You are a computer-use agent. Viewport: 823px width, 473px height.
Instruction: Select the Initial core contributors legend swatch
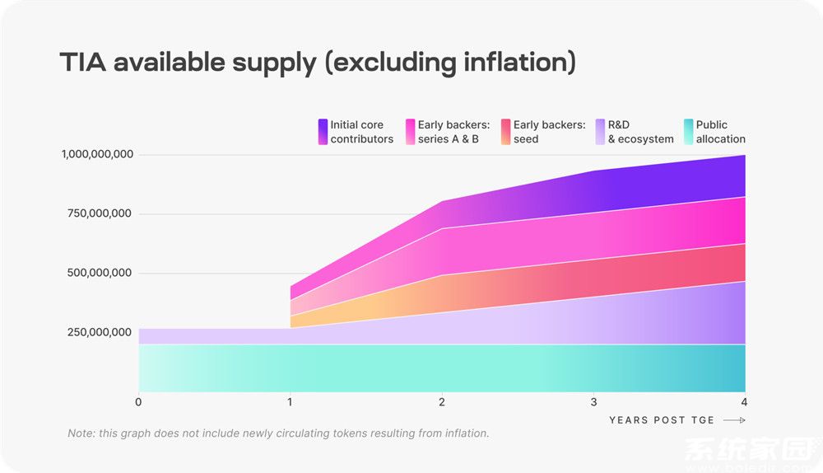point(323,132)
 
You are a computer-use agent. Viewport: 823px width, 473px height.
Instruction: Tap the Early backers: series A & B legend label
point(453,132)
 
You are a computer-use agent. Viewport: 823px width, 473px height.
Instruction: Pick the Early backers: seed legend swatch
point(504,132)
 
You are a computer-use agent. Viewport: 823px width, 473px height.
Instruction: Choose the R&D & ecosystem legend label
point(640,132)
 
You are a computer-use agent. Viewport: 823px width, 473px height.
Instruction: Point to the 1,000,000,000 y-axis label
point(96,155)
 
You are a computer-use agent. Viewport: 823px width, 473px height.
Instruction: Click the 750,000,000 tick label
point(100,214)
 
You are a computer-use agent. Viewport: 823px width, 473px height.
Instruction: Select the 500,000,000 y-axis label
point(100,274)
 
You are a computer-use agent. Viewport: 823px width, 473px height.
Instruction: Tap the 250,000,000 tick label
point(100,333)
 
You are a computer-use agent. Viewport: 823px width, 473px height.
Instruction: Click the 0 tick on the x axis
point(138,402)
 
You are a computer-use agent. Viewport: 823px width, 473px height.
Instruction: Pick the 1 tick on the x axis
point(290,402)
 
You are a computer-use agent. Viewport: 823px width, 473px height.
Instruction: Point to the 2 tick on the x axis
point(442,402)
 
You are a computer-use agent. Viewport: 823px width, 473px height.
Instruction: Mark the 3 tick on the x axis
point(593,402)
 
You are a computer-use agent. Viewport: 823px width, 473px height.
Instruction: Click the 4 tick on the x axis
point(744,402)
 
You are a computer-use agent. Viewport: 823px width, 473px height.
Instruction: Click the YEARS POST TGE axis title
point(662,420)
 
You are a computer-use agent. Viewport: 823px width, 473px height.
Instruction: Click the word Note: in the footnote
point(81,433)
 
